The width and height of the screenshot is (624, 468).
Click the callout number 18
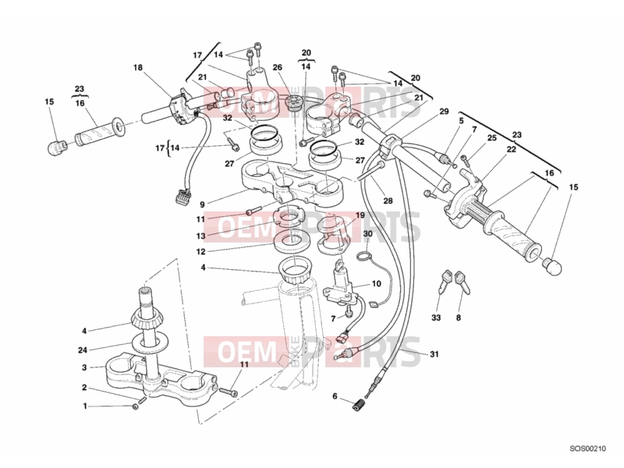coord(138,68)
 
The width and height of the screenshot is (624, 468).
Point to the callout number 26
coord(278,67)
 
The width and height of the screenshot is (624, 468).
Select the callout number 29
coord(444,112)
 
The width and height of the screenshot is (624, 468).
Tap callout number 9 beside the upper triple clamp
coord(202,204)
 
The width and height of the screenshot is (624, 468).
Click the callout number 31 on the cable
coord(434,354)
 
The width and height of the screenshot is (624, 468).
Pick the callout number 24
coord(83,350)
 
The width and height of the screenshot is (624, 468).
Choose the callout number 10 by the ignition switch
coord(377,284)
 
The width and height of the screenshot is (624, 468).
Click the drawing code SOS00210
coord(588,448)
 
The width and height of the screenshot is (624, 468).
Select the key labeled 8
coord(462,282)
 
